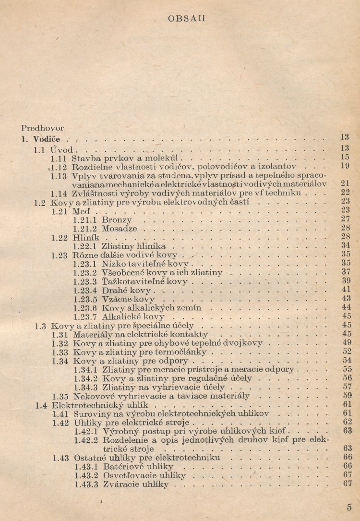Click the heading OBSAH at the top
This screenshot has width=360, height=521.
click(x=187, y=19)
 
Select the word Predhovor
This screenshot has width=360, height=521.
click(x=43, y=129)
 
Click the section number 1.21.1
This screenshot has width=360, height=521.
click(x=85, y=220)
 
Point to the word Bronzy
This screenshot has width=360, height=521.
click(x=117, y=220)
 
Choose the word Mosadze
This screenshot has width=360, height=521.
click(x=120, y=229)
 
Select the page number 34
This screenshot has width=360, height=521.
click(x=346, y=246)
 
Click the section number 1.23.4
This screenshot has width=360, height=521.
click(x=85, y=291)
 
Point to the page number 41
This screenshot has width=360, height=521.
click(x=346, y=290)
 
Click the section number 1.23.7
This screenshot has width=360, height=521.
click(x=85, y=317)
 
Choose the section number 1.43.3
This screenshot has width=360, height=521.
click(x=85, y=485)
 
